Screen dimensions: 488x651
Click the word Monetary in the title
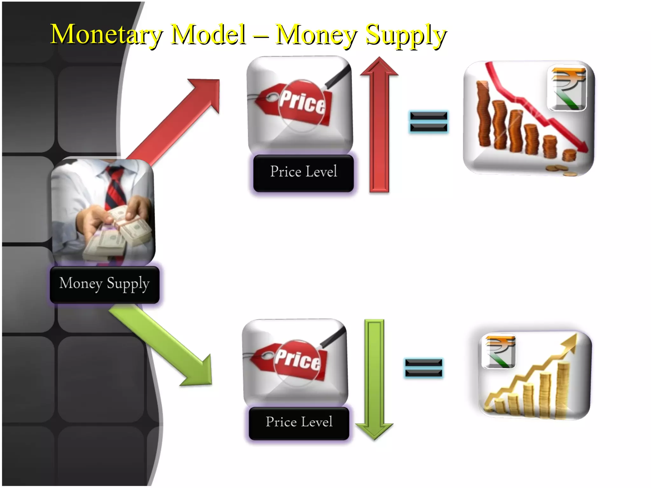(106, 34)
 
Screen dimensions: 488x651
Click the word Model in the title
(208, 34)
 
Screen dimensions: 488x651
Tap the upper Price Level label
(304, 173)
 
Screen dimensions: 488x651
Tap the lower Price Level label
(299, 423)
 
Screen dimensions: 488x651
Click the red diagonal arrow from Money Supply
(178, 121)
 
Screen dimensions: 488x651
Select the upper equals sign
(428, 121)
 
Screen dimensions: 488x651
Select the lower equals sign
(424, 368)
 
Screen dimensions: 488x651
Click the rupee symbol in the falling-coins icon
(567, 88)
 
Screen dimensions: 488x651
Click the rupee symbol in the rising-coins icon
(498, 351)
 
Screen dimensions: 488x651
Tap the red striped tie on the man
(115, 187)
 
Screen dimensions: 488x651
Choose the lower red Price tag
(291, 361)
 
